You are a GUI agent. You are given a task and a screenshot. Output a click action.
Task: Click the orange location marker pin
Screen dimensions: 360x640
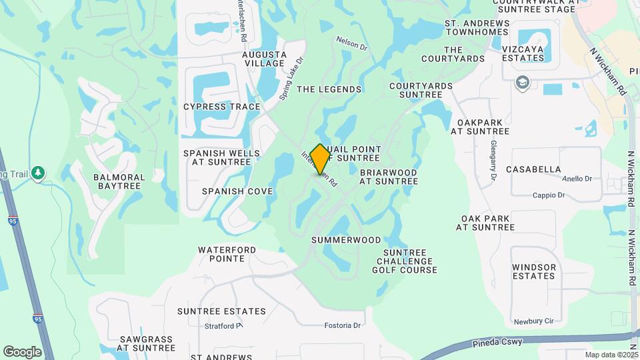coord(321,159)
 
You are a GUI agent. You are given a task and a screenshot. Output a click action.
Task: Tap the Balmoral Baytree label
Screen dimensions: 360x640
coord(119,181)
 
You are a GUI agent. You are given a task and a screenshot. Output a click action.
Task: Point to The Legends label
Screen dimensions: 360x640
coord(329,89)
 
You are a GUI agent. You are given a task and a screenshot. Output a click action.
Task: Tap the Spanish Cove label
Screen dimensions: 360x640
coord(237,191)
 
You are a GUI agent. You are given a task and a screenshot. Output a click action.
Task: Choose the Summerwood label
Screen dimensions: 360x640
coord(346,240)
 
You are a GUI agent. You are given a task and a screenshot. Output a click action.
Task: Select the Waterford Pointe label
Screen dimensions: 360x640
coord(227,254)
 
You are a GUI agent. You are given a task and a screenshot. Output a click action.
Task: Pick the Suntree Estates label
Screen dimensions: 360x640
coord(221,311)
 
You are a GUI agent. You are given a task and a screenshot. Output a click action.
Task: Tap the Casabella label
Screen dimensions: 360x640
coord(533,169)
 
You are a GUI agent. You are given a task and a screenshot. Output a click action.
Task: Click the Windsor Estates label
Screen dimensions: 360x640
coord(534,271)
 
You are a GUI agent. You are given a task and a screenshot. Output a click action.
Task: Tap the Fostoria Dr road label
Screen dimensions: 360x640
coord(342,325)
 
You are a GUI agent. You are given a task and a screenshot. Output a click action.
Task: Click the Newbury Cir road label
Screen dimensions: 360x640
coord(534,321)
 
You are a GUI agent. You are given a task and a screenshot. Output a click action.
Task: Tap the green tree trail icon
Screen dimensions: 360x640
coord(39,173)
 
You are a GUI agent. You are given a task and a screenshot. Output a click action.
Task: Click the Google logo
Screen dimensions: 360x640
coord(22,351)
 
